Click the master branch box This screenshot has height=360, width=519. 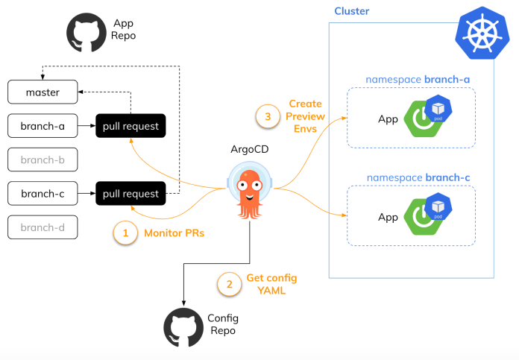click(43, 92)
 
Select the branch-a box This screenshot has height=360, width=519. click(43, 126)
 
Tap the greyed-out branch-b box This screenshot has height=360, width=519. click(43, 160)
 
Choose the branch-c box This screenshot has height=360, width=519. click(43, 194)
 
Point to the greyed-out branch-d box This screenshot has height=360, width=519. click(43, 227)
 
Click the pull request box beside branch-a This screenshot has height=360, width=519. click(130, 126)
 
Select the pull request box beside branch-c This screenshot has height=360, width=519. click(130, 194)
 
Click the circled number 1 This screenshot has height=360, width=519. click(125, 233)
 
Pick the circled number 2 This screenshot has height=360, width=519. click(229, 283)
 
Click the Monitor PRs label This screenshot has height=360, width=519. click(174, 233)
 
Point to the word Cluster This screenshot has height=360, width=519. click(351, 11)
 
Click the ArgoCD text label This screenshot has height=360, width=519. click(248, 148)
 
